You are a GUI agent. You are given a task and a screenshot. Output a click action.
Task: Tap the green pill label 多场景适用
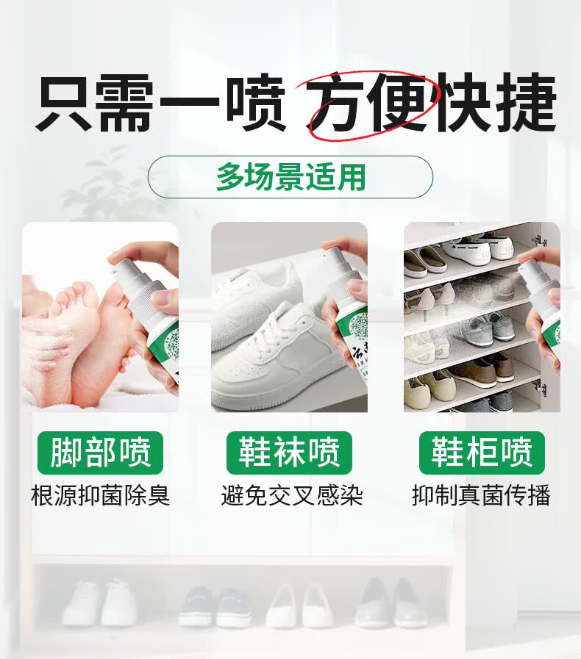[290, 177]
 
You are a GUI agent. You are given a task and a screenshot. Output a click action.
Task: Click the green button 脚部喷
[101, 453]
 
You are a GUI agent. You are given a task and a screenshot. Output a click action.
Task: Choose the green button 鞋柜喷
[482, 453]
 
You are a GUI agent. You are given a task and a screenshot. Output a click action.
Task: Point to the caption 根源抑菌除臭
[101, 496]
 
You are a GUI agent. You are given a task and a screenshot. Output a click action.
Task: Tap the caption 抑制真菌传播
[481, 496]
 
